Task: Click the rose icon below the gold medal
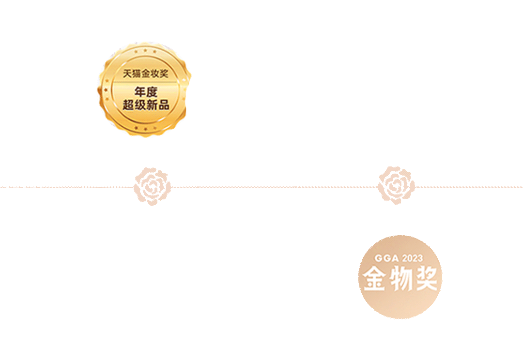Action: pyautogui.click(x=153, y=186)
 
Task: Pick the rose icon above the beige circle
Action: pyautogui.click(x=397, y=185)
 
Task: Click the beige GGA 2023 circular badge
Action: pyautogui.click(x=400, y=277)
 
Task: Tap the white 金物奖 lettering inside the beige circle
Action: pyautogui.click(x=400, y=279)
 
